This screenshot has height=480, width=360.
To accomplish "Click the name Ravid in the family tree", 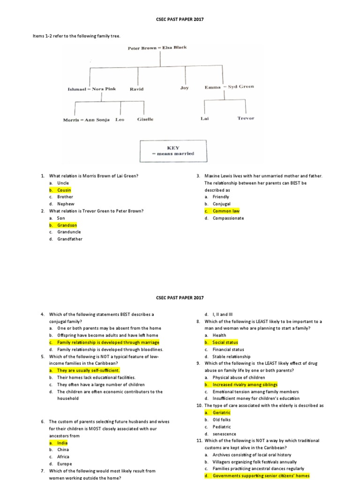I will click(136, 89).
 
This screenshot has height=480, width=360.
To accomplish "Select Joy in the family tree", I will click(184, 88).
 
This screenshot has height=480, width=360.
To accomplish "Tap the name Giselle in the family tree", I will click(145, 120).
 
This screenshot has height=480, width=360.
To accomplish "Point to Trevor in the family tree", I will click(246, 118).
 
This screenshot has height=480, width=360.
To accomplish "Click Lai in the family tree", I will click(204, 119).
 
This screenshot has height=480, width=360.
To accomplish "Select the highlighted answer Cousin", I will click(64, 190).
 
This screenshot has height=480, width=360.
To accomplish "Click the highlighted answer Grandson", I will click(67, 225).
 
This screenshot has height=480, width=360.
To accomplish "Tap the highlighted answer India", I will click(62, 442).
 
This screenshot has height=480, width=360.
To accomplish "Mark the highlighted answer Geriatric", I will click(222, 412).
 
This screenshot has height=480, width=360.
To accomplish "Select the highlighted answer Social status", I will click(225, 342).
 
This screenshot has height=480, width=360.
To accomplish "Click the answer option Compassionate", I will click(228, 218).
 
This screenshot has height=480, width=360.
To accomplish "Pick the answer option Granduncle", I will click(69, 232).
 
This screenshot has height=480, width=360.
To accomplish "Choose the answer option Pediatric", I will click(222, 427).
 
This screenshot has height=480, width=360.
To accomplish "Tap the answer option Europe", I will click(65, 464).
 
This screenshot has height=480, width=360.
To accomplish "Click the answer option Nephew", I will click(66, 204).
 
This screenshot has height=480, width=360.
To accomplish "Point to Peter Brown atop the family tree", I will click(142, 48).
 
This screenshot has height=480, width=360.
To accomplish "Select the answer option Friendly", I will click(221, 197).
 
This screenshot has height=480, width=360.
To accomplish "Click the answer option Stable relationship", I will click(232, 356).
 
